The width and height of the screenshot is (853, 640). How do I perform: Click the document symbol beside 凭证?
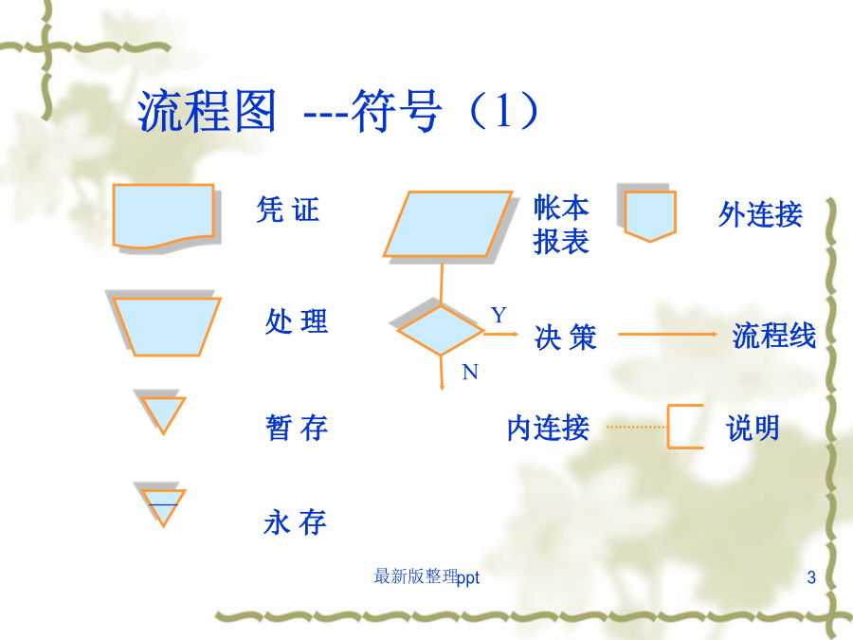[x=163, y=216]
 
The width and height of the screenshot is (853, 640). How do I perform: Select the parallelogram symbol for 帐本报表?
[x=447, y=224]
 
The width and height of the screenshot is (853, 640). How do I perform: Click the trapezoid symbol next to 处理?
[x=167, y=326]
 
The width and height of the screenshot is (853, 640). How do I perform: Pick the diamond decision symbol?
[x=441, y=330]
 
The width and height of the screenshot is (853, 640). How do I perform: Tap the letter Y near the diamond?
[x=499, y=315]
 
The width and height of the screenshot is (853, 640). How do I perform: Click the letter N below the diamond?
[x=470, y=373]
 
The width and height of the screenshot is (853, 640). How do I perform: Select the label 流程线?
[x=773, y=336]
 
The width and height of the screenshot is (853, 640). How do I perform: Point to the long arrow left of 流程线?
[x=668, y=334]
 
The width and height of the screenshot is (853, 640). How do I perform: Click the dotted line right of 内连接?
[x=636, y=428]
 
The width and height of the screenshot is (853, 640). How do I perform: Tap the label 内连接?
[x=548, y=428]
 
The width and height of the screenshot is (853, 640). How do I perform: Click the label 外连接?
[x=760, y=214]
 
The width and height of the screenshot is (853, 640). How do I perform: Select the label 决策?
[x=566, y=338]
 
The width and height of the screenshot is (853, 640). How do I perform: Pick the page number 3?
[x=811, y=576]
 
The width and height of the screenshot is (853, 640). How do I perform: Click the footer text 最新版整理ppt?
[x=426, y=576]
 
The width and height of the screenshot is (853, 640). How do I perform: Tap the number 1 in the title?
[x=502, y=111]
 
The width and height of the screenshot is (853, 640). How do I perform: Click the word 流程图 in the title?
[x=207, y=111]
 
